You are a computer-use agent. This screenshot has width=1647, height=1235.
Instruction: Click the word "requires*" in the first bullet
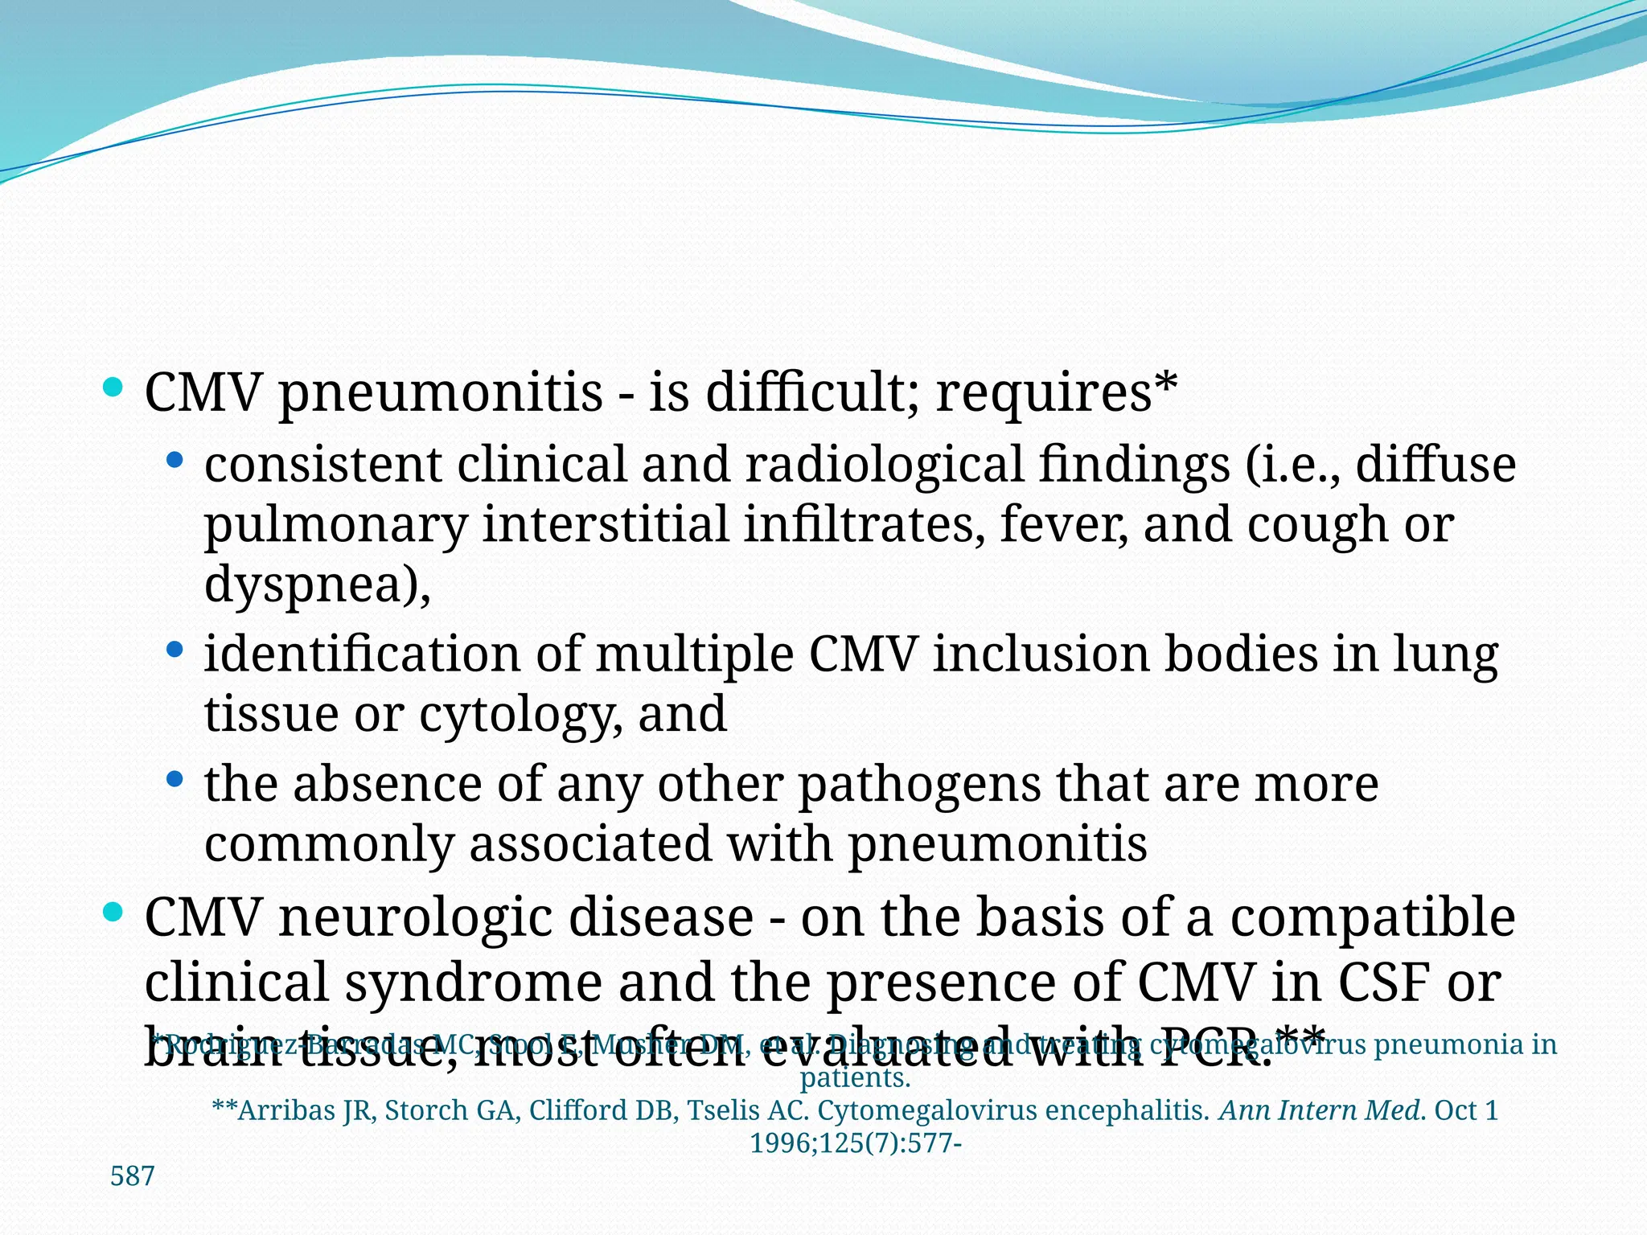tap(1056, 393)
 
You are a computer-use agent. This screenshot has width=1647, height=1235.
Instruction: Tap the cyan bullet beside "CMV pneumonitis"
tap(113, 388)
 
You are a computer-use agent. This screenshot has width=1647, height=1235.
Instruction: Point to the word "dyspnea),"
tap(318, 584)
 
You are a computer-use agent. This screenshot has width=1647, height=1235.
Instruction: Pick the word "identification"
tap(362, 654)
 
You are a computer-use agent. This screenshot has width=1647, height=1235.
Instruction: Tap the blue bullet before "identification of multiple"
tap(175, 649)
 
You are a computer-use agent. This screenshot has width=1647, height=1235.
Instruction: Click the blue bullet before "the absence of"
tap(175, 779)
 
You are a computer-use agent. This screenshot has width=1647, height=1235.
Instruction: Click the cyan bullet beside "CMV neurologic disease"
tap(113, 913)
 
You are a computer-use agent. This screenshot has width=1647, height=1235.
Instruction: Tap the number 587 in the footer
tap(132, 1176)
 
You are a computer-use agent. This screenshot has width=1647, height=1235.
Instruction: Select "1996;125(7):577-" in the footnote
tap(856, 1143)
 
